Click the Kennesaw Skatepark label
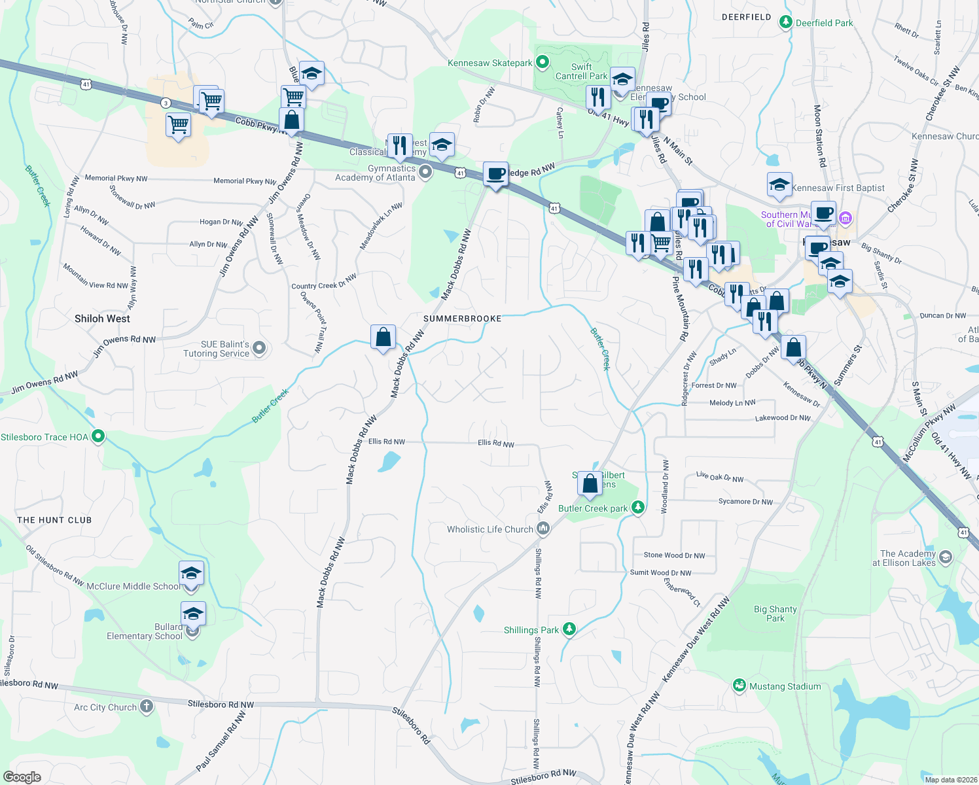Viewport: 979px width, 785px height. coord(490,63)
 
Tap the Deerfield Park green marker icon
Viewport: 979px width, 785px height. coord(785,22)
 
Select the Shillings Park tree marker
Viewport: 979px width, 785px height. coord(569,629)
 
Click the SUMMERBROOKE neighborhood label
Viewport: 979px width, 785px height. coord(462,319)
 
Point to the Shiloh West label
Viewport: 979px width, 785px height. coord(102,319)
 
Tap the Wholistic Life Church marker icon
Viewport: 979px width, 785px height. coord(543,529)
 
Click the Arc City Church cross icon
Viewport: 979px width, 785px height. coord(147,706)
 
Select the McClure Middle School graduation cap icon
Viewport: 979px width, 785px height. coord(191,574)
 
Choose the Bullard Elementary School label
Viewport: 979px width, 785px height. coord(145,631)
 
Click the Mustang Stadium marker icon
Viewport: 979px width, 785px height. coord(739,686)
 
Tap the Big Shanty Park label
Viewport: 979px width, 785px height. coord(775,614)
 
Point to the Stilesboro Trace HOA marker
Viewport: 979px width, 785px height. coord(98,436)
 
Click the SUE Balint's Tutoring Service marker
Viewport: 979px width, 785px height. coord(259,348)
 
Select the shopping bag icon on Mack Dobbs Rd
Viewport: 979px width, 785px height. coord(383,338)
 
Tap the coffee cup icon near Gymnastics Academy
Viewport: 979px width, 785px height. coord(496,174)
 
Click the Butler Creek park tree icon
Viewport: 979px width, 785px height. coord(638,508)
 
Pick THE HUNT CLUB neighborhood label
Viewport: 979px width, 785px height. coord(54,520)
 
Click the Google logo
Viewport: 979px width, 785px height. coord(22,777)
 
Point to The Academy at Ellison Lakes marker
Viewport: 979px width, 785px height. coord(945,557)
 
